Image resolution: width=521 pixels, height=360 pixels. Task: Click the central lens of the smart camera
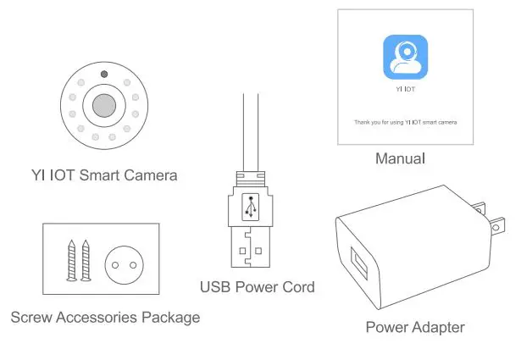point(103,106)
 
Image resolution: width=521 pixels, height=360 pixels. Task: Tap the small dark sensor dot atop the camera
point(103,75)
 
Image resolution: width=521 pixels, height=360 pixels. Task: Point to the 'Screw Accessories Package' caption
point(105,318)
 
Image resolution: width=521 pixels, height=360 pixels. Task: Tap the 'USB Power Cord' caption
point(257,287)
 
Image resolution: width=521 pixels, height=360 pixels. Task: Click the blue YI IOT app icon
point(405,57)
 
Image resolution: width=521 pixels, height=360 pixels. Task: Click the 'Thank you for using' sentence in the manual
point(405,122)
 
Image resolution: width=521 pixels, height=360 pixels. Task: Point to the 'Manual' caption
point(400,158)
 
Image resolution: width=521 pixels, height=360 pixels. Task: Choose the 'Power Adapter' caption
point(415,327)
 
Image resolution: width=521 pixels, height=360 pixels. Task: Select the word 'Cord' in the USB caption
point(297,287)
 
